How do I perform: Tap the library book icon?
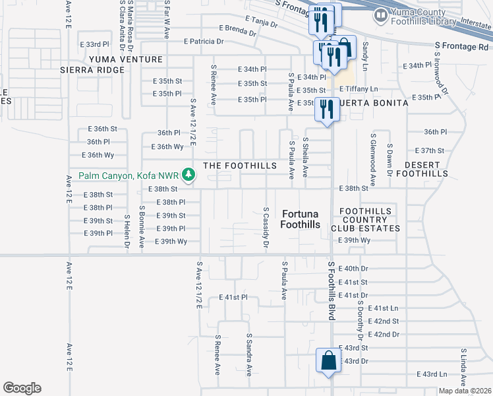coord(380,15)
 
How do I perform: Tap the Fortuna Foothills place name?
coord(301,219)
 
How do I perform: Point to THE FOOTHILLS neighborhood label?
coord(240,166)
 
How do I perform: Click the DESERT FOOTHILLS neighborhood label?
coord(426,169)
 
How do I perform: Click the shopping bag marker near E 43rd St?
coord(328,361)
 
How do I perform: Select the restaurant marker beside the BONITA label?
coord(326,110)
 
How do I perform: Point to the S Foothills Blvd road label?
coord(332,290)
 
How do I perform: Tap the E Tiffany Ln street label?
coord(359,89)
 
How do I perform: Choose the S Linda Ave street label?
coord(464,369)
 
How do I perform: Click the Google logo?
coord(22,387)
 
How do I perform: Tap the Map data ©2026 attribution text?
coord(464,391)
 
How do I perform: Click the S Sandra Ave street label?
coord(249,354)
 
